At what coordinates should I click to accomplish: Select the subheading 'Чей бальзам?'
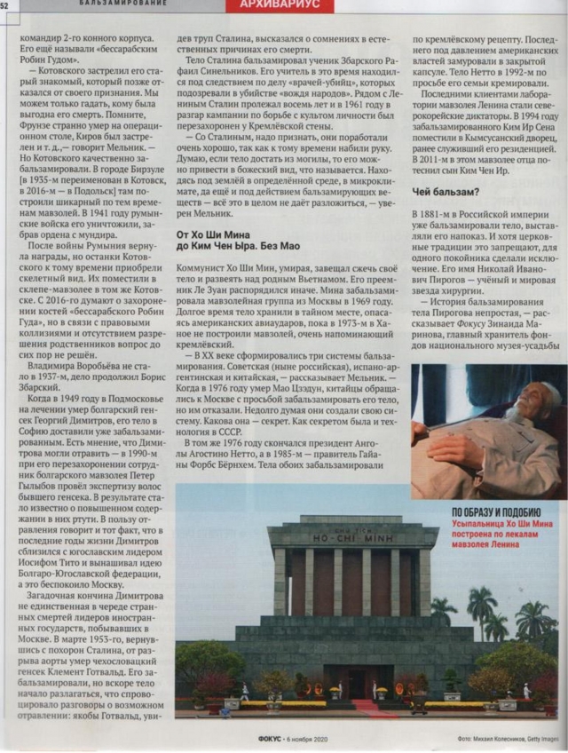443,193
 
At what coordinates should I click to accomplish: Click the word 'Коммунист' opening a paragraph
202,266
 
